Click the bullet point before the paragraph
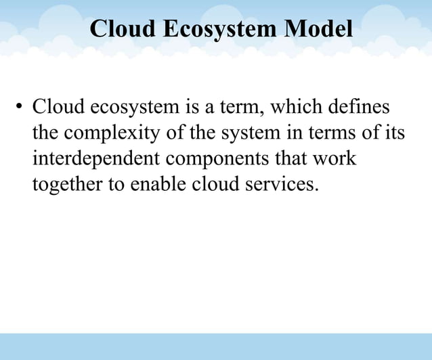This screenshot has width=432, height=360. click(20, 108)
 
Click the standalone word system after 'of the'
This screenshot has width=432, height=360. click(250, 133)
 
